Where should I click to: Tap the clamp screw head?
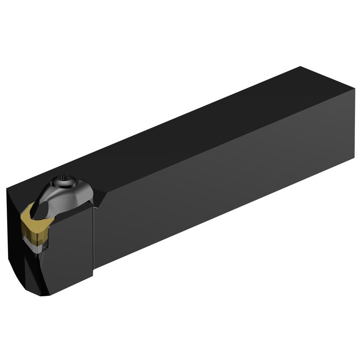66,182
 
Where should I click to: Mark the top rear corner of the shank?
301,67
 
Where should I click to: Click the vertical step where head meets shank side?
93,236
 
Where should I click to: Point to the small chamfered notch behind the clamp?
99,198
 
